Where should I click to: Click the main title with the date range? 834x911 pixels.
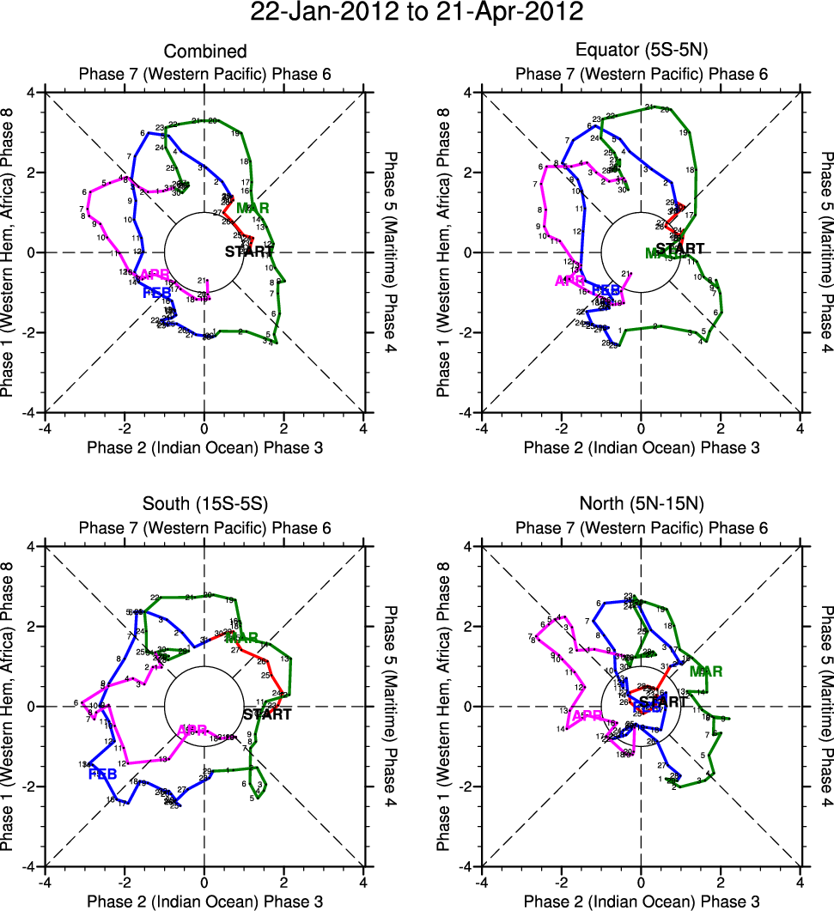click(417, 12)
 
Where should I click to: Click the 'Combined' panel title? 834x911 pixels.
click(204, 52)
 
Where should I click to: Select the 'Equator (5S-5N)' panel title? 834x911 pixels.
click(642, 52)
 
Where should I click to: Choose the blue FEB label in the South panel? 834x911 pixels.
click(102, 774)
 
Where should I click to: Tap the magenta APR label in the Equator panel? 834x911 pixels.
click(570, 281)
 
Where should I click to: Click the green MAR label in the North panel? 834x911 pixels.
click(705, 671)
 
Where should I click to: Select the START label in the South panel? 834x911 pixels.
click(267, 714)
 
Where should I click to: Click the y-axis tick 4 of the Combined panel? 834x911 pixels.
click(38, 93)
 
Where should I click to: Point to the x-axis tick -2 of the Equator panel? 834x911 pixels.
click(561, 428)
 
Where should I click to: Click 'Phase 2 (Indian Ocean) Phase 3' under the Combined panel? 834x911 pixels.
click(204, 446)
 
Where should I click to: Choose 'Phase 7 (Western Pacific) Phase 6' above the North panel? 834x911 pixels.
click(642, 527)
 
